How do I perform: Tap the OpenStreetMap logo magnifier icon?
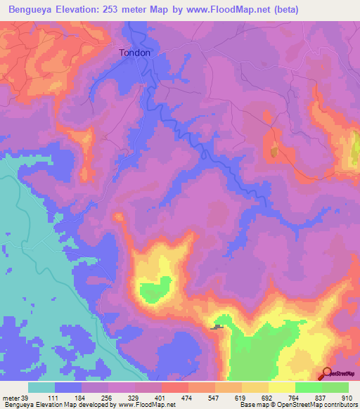point(327,374)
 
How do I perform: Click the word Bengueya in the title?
point(29,10)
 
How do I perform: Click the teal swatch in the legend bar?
point(41,388)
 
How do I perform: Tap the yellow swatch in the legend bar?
point(282,388)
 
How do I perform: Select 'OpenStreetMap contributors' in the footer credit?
point(316,404)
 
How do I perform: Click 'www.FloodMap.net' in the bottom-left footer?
point(145,404)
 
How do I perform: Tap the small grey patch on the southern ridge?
point(219,327)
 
